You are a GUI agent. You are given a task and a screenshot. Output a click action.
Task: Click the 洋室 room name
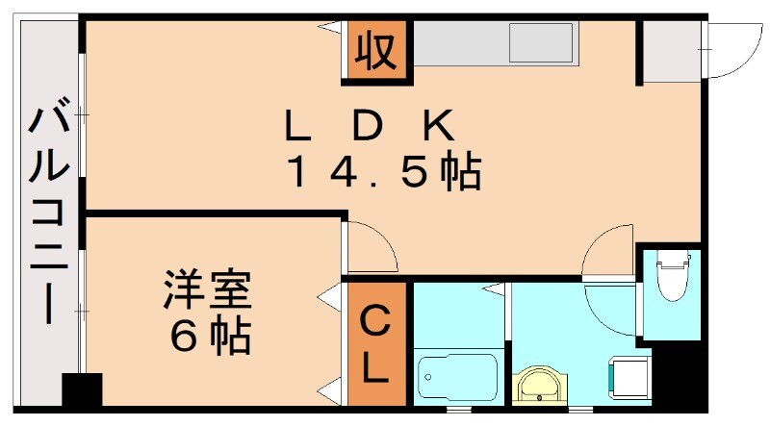tap(207, 290)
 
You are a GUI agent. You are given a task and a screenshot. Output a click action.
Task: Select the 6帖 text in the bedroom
tap(210, 336)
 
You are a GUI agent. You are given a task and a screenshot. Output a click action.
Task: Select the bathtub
tap(458, 379)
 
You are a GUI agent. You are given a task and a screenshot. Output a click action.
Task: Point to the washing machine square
tap(631, 378)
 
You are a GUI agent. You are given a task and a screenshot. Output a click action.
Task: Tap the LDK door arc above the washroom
tap(606, 252)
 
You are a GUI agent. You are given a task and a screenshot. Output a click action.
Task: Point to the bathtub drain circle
tap(429, 379)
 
